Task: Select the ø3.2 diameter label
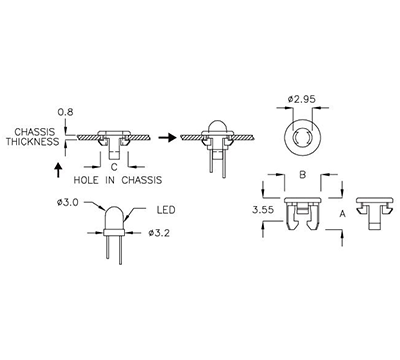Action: coord(159,234)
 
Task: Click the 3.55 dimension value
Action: coord(262,212)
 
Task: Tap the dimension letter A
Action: coord(342,213)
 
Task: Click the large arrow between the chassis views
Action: coord(169,137)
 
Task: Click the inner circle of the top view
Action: coord(303,135)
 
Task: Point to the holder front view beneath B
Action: coord(302,212)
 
